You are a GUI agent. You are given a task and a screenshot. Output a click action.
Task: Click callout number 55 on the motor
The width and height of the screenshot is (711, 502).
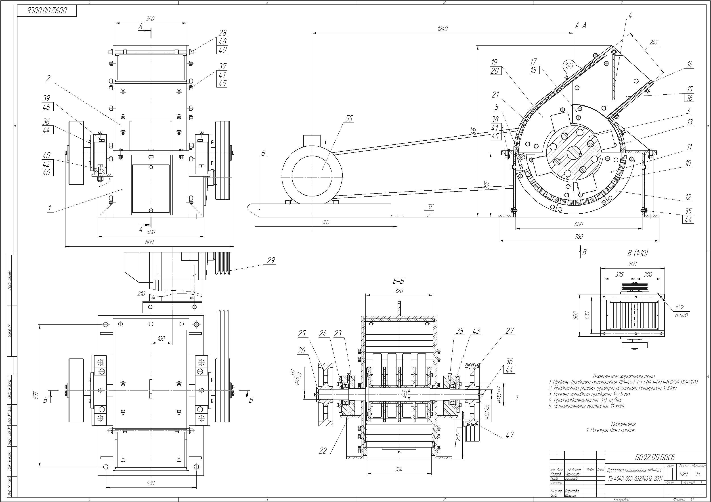point(349,119)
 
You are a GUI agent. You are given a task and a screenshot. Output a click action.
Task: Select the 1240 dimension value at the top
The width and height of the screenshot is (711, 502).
point(443,29)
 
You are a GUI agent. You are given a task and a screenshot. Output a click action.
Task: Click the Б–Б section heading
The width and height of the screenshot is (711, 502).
point(398,281)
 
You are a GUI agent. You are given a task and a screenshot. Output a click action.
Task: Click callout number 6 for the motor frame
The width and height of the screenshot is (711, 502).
point(263,153)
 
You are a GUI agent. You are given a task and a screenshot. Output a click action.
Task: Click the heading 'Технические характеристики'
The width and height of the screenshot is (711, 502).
point(615,376)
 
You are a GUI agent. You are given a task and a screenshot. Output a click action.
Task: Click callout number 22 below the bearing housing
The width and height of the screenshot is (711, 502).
point(323,451)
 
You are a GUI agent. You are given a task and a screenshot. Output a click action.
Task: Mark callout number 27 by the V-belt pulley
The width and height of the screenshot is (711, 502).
point(510,331)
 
